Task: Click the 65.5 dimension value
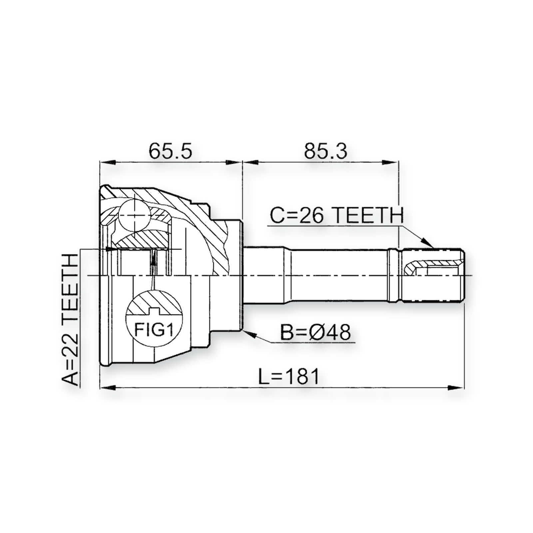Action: pyautogui.click(x=171, y=152)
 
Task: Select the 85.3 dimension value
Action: pyautogui.click(x=325, y=152)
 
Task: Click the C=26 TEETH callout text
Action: pyautogui.click(x=336, y=216)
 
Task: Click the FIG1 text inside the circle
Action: pyautogui.click(x=154, y=330)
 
